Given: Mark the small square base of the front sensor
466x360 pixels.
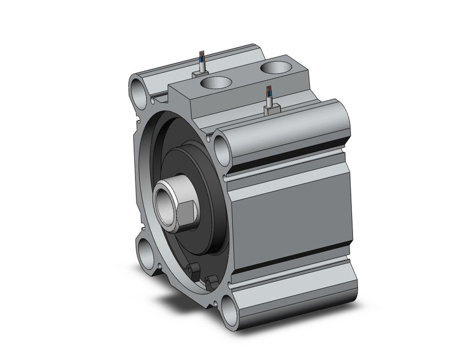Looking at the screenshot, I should (x=270, y=110).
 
